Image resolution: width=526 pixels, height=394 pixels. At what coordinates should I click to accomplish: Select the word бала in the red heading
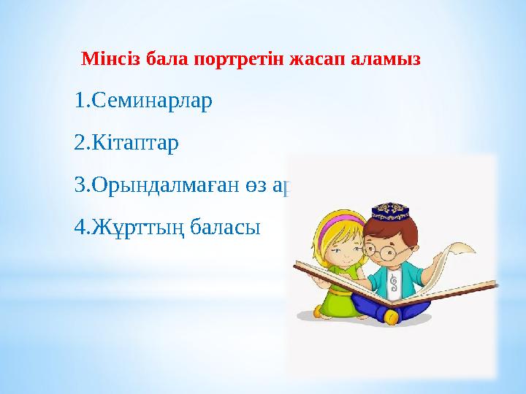pos(164,58)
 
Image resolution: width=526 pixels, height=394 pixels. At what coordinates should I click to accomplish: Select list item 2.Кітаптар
pos(126,142)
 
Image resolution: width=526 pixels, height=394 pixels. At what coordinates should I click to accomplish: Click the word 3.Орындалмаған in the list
pos(148,185)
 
